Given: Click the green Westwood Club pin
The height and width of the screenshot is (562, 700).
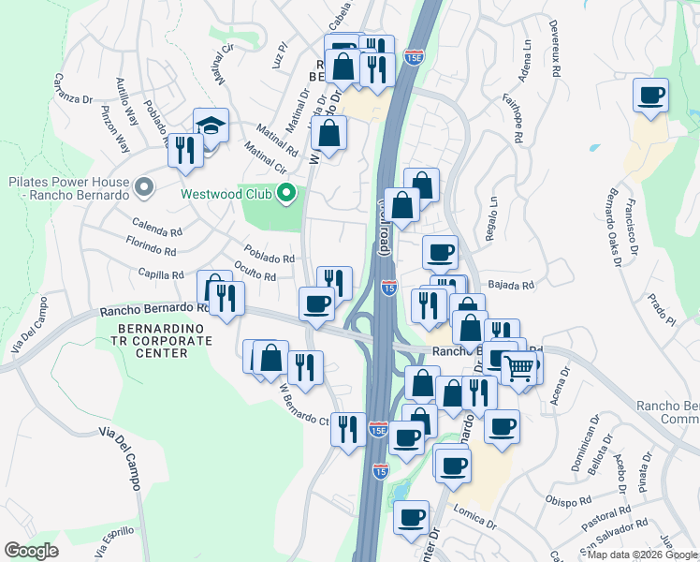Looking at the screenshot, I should click(x=286, y=194).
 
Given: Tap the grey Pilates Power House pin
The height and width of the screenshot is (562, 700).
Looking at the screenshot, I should click(x=143, y=188).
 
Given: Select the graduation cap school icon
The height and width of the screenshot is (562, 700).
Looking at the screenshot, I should click(x=211, y=126).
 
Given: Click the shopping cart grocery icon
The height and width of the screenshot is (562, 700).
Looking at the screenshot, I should click(x=518, y=367).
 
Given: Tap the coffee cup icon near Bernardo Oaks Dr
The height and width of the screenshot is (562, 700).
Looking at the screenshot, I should click(x=650, y=95).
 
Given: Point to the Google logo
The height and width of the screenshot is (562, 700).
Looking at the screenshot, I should click(x=32, y=551).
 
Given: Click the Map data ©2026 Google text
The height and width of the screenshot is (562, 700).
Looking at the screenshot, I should click(x=641, y=555).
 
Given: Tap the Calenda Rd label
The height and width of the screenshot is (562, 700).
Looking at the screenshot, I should click(x=156, y=230).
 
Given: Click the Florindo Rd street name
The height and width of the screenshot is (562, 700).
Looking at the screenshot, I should click(x=151, y=250).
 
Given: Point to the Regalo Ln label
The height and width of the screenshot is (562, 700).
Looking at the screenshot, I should click(x=489, y=214).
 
